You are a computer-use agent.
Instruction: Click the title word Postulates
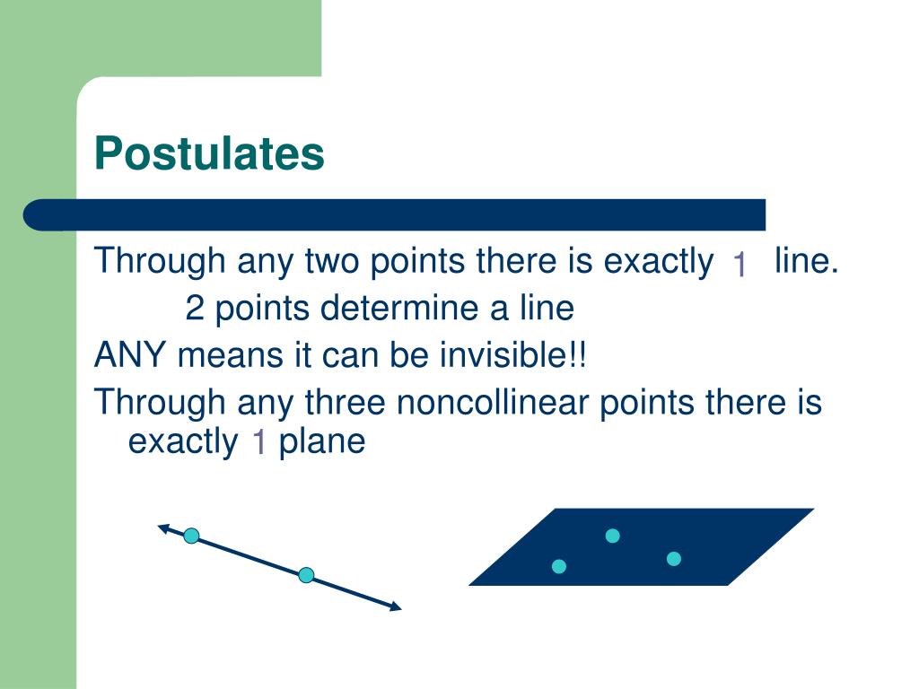pos(209,153)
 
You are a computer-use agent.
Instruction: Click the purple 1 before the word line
pos(740,265)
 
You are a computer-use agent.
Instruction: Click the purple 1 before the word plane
pos(258,442)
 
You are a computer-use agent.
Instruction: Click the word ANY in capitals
pos(132,355)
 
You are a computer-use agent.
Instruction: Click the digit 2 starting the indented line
pos(195,309)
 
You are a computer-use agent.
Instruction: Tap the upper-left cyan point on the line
pos(191,536)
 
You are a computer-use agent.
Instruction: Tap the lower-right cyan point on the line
pos(306,575)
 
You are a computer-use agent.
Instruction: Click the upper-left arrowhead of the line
pos(163,528)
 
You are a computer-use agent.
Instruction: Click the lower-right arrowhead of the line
pos(395,607)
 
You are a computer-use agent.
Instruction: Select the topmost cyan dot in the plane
pos(613,536)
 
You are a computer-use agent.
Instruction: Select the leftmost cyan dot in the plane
pos(559,566)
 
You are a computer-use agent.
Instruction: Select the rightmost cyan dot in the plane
pos(674,559)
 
